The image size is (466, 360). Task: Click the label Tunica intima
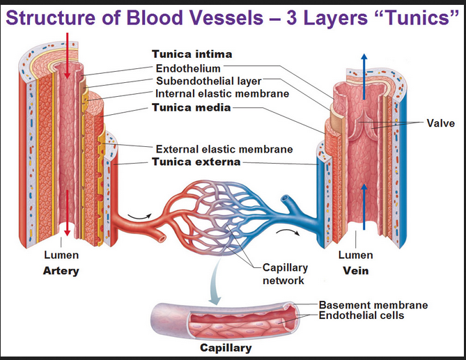192,54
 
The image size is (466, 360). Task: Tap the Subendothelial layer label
208,81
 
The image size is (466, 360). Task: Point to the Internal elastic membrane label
222,93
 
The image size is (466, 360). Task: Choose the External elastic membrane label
224,149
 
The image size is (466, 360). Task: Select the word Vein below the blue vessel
356,271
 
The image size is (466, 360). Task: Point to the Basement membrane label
373,305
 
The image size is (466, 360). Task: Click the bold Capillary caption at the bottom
226,347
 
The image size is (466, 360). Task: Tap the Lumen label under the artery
61,256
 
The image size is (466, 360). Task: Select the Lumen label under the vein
356,256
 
